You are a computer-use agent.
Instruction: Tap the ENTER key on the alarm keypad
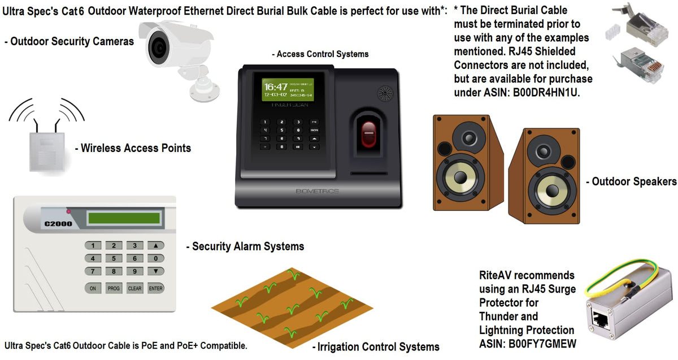[155, 288]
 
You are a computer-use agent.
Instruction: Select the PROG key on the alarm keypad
[114, 288]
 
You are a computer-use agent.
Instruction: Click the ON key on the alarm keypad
[93, 288]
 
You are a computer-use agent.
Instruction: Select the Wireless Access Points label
[133, 149]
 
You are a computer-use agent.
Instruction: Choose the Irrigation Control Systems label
[376, 346]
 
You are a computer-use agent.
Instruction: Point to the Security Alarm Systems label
[245, 246]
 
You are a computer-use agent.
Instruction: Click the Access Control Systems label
[320, 54]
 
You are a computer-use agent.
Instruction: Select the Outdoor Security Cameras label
[69, 41]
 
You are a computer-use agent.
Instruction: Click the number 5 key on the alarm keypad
[114, 258]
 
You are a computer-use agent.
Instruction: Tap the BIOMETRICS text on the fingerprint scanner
[318, 191]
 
